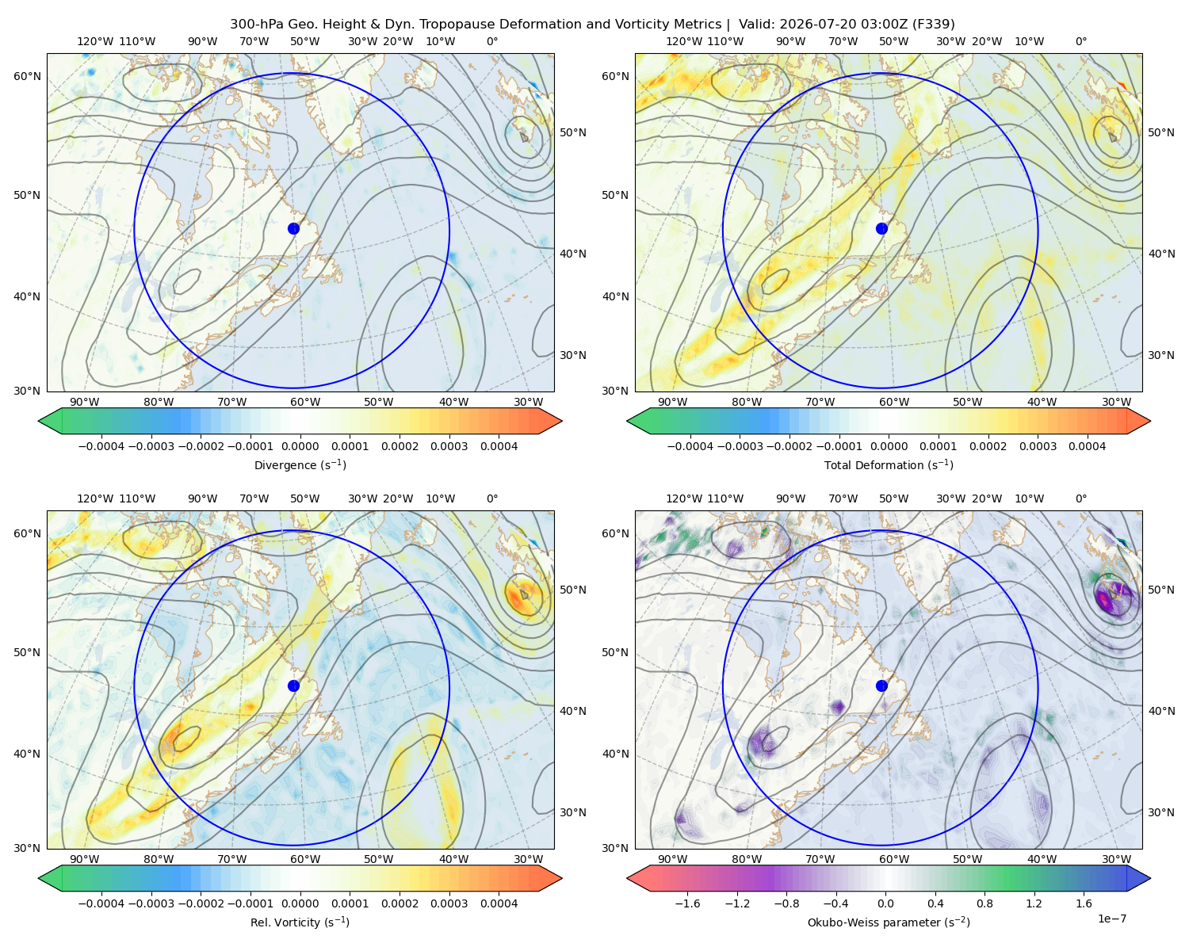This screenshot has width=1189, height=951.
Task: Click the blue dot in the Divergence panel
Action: (x=293, y=228)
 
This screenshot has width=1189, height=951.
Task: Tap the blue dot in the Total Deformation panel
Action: (x=881, y=228)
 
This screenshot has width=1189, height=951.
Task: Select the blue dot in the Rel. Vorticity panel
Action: (x=293, y=686)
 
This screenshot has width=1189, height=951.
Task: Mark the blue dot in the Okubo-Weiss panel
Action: (x=881, y=686)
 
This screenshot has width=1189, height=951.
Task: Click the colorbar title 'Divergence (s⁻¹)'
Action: (x=300, y=464)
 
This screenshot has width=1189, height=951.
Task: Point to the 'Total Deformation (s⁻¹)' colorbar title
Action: (x=889, y=464)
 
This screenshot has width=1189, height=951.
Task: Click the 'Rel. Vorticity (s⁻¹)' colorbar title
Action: (x=300, y=922)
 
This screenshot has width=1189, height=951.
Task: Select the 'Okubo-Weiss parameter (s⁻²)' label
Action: (x=889, y=922)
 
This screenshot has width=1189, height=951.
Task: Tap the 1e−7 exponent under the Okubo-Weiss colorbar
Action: (x=1111, y=919)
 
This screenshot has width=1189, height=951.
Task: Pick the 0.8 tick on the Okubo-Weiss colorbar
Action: (x=984, y=903)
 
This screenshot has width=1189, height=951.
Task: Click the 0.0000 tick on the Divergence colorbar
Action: (x=300, y=446)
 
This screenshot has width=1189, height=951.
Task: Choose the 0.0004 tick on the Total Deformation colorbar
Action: (x=1087, y=446)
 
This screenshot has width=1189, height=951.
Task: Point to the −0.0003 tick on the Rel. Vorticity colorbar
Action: (x=151, y=903)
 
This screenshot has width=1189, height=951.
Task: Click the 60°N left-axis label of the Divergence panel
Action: (x=27, y=76)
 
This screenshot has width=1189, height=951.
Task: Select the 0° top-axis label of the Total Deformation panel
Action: (x=1080, y=41)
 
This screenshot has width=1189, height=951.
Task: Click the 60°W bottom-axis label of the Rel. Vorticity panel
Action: (x=305, y=859)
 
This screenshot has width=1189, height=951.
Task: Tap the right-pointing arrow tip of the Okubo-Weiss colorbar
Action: (x=1150, y=878)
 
